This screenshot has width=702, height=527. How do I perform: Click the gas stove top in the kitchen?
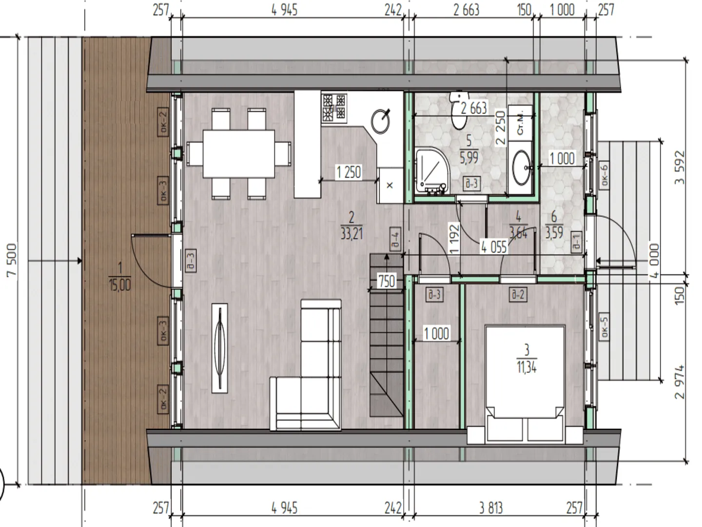click(x=334, y=108)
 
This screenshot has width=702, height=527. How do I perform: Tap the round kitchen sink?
click(x=381, y=122)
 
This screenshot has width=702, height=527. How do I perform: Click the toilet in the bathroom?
click(x=459, y=110)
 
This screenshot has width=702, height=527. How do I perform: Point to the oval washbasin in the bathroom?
click(x=521, y=167)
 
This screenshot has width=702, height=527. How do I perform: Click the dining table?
click(x=238, y=154)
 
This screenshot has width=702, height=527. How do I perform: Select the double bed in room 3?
click(x=525, y=384)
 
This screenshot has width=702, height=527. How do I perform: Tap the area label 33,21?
click(x=352, y=234)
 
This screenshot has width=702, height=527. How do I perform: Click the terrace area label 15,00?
click(x=119, y=285)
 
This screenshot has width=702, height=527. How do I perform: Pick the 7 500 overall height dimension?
click(x=12, y=260)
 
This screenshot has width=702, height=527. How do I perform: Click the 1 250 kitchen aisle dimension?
click(x=349, y=172)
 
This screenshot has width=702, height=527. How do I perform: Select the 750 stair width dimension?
click(x=387, y=281)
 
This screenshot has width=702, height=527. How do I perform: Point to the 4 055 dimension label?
click(x=494, y=247)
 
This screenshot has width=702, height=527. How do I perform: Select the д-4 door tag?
click(x=396, y=239)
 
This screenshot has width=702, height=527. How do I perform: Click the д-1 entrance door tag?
click(x=576, y=242)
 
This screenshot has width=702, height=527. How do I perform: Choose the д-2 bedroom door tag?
click(x=518, y=294)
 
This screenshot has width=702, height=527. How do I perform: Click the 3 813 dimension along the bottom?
click(x=491, y=508)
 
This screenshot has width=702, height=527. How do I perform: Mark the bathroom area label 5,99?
click(x=469, y=158)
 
